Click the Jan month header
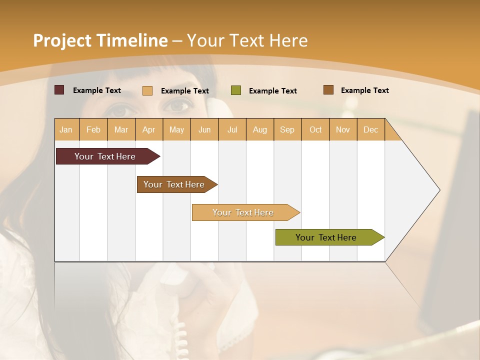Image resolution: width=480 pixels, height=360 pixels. [x=66, y=129]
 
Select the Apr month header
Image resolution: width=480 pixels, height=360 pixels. [x=148, y=129]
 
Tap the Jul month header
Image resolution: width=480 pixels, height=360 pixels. [x=232, y=129]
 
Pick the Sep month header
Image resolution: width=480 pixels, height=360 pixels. [x=287, y=129]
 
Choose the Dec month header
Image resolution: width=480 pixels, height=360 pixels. [x=370, y=129]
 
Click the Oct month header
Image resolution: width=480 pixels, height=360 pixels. [x=315, y=129]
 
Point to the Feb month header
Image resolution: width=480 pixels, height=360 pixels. [x=93, y=129]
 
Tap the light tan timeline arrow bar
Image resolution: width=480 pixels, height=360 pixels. [x=243, y=212]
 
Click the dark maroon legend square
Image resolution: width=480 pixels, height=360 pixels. [x=59, y=90]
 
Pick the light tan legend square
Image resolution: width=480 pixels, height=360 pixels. [x=147, y=90]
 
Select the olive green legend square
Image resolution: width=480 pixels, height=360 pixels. [x=236, y=90]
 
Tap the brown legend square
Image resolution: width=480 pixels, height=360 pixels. [x=328, y=90]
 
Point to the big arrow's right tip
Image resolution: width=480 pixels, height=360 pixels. [x=439, y=190]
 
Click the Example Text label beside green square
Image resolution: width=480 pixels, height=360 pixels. [x=272, y=90]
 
